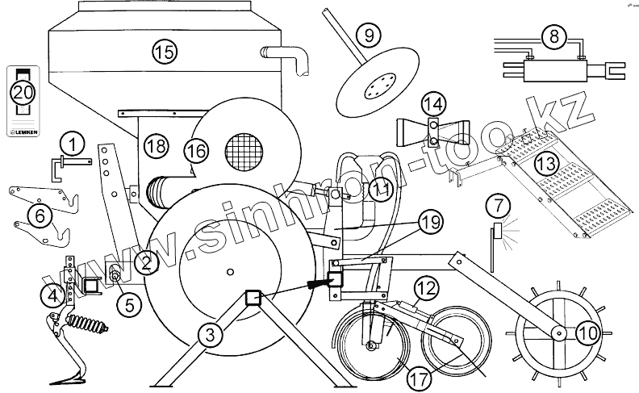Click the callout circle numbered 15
tap(164, 52)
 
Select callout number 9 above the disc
tap(368, 36)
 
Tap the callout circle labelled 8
tap(552, 36)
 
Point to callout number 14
tap(434, 104)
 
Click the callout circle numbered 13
tap(547, 164)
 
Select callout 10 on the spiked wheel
tap(587, 330)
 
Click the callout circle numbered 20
tap(23, 91)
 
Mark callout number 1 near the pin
tap(73, 144)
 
